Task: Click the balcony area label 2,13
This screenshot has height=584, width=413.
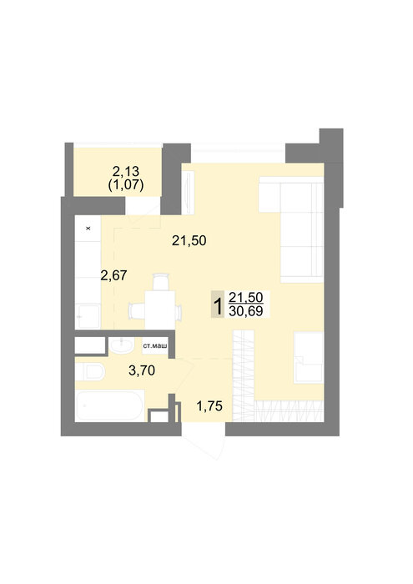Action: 125,171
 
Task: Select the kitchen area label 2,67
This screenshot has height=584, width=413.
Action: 114,275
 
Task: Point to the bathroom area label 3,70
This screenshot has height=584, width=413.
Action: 142,370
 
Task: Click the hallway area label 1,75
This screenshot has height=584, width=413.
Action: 209,406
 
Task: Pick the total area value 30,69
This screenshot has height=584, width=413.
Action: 246,311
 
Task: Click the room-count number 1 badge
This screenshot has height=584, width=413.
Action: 218,304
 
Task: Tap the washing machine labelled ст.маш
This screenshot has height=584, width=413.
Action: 155,346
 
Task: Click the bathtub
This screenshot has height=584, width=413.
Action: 109,405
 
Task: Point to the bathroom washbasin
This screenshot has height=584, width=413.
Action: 122,345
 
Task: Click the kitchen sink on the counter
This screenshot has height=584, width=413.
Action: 88,316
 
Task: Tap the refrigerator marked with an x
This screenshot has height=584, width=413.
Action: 88,229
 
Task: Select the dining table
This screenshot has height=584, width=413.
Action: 160,310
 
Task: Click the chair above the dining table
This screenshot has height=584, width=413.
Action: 161,282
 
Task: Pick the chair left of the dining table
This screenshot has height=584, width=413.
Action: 137,311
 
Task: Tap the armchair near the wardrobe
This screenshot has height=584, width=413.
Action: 309,358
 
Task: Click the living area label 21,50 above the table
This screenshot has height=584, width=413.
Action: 189,240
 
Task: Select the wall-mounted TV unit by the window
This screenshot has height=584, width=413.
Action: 188,192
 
